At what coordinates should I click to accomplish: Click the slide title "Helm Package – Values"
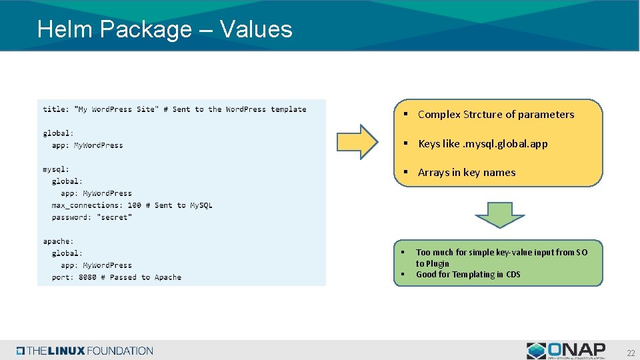click(165, 29)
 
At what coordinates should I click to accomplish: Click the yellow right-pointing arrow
click(357, 141)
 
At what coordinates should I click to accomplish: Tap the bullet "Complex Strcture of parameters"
click(495, 114)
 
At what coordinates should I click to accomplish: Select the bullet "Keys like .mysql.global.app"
click(482, 143)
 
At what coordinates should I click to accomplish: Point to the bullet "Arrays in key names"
click(466, 172)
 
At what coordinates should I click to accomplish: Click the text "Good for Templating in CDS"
click(468, 274)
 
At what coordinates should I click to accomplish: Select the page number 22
click(630, 353)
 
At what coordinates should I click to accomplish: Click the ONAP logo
click(566, 351)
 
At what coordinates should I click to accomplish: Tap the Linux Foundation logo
click(85, 351)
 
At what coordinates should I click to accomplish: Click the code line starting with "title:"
click(174, 109)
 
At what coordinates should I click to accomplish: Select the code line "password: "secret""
click(92, 217)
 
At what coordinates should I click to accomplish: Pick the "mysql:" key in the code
click(56, 169)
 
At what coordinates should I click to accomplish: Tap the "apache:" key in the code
click(58, 241)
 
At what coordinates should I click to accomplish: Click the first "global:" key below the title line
click(58, 133)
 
